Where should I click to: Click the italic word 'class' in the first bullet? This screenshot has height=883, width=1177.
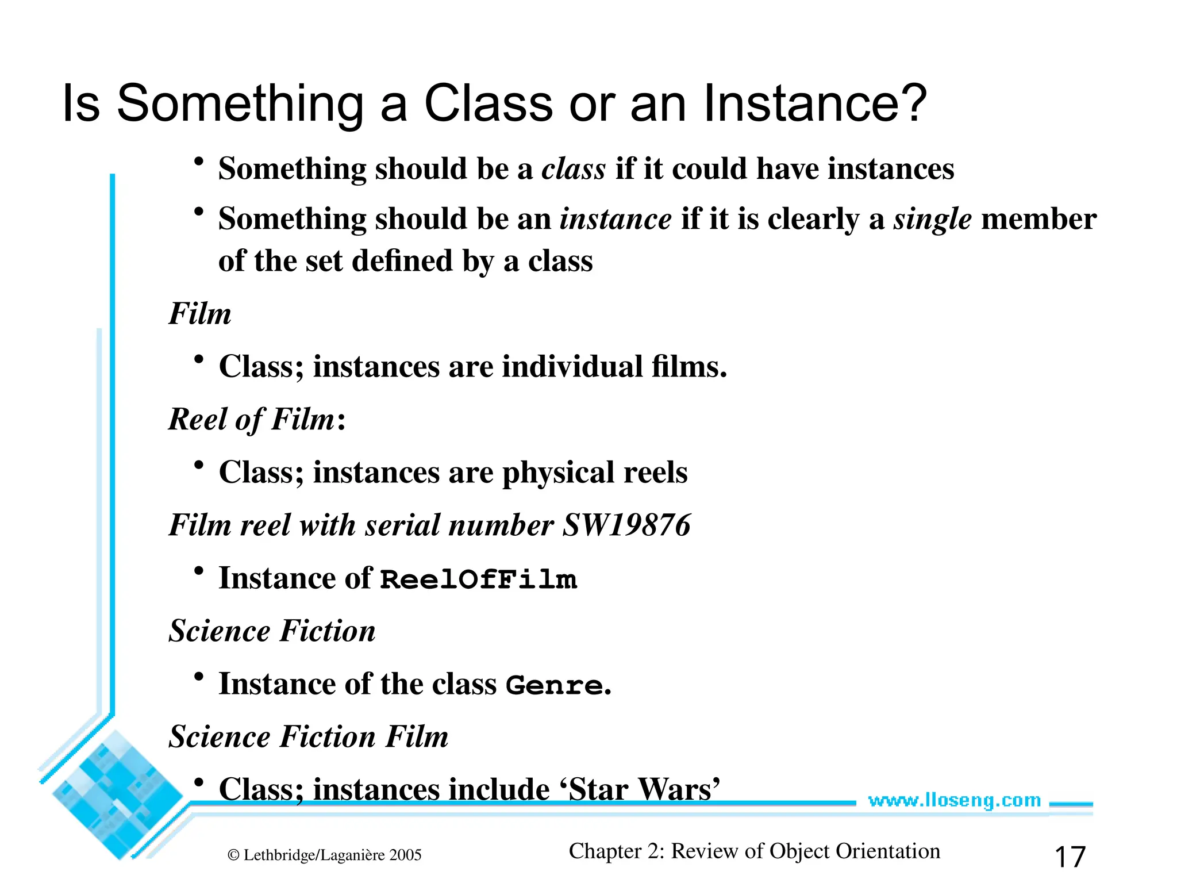tap(574, 169)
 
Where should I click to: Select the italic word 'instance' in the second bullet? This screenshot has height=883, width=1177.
tap(616, 219)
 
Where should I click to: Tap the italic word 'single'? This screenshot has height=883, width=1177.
tap(932, 219)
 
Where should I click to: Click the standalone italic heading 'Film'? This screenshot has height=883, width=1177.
tap(199, 314)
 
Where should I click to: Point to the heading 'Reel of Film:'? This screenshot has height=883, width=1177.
tap(256, 419)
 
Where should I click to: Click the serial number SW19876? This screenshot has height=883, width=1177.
tap(626, 525)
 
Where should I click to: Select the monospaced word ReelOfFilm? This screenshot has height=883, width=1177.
tap(478, 579)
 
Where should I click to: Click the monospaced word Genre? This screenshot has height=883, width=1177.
tap(554, 685)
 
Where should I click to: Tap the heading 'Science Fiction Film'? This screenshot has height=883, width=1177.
tap(308, 736)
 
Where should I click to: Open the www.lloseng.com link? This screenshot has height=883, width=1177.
tap(954, 800)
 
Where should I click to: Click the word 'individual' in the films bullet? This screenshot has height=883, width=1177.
tap(572, 367)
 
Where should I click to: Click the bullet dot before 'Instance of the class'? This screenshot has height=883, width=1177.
tap(199, 677)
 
